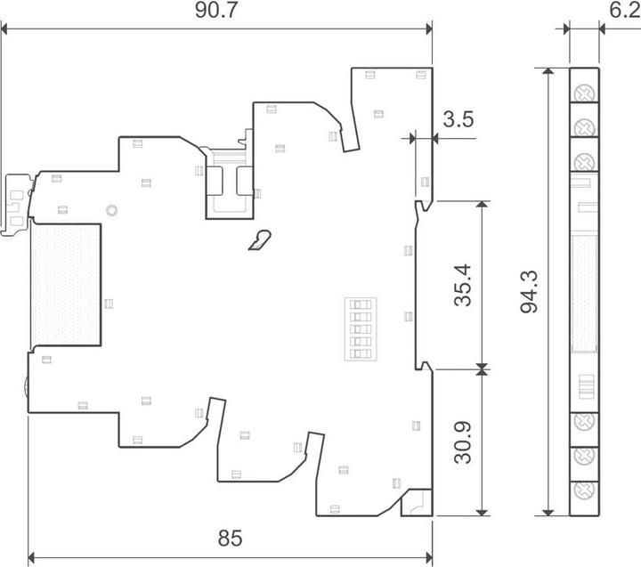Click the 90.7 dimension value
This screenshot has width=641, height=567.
point(215,10)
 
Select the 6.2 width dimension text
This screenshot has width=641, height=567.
point(625,10)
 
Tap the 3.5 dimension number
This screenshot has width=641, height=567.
point(458,119)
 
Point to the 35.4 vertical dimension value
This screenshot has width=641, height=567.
point(463,286)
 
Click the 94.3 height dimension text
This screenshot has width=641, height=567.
point(530,291)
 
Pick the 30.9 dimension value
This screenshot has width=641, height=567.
point(463,442)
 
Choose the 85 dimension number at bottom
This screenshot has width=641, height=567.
point(231,538)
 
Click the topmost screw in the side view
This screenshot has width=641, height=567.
point(585,93)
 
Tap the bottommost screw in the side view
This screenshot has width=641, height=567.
point(585,490)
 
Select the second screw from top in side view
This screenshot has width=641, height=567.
point(585,128)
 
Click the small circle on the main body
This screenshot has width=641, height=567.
point(111,211)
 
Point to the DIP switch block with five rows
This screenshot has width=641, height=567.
point(361,329)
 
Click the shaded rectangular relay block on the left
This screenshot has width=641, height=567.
point(65,285)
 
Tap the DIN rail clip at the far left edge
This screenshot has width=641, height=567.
point(16,206)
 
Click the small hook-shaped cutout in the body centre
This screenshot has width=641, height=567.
point(260,240)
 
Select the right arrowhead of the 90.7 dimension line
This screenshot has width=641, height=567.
point(429,29)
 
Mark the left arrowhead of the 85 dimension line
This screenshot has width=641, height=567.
point(31,557)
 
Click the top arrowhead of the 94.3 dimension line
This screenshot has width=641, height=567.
point(548,71)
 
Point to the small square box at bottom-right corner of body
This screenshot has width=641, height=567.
point(417,502)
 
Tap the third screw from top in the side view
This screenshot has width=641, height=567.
point(585,162)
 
